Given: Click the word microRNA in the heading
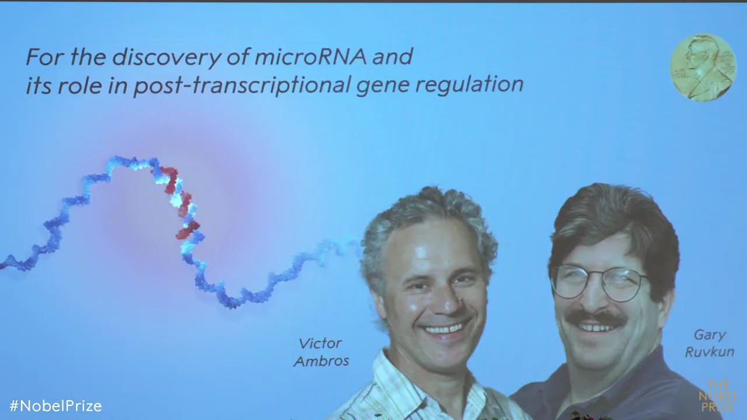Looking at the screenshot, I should (303, 57).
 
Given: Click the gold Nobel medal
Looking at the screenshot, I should (702, 67).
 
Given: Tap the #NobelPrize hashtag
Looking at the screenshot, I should (55, 406).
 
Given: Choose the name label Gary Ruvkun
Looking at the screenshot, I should (709, 344).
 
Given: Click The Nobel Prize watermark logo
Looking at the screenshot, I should (717, 396).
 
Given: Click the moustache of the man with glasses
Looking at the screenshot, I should (596, 318).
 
